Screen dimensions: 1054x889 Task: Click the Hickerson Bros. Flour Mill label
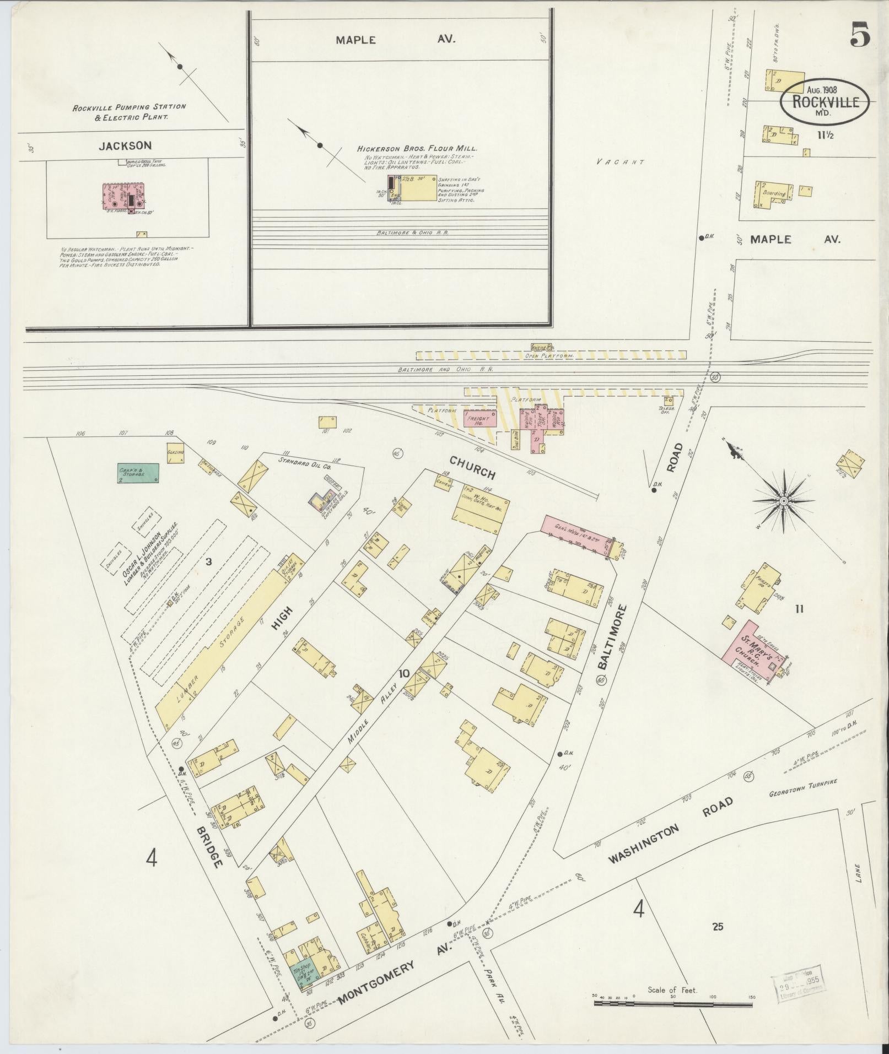(x=417, y=149)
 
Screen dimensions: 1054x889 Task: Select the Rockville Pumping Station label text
(x=130, y=112)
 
